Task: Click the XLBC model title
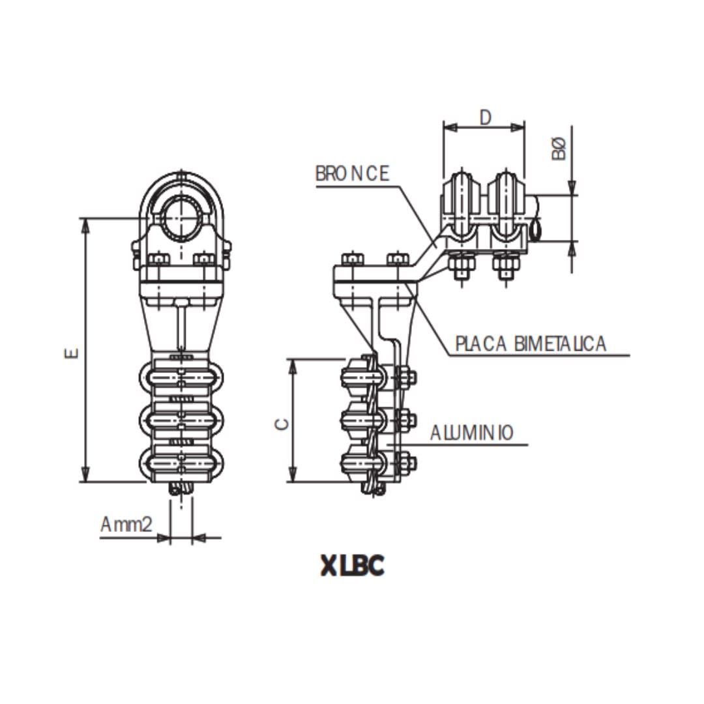tap(352, 565)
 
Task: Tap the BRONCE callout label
tap(352, 174)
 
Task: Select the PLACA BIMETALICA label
tap(531, 344)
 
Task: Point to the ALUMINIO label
tap(471, 432)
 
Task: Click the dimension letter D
tap(485, 117)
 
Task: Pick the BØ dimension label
tap(559, 149)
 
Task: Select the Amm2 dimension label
tap(126, 525)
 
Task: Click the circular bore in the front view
tap(182, 215)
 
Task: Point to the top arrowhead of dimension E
tap(84, 225)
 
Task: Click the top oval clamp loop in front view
tap(182, 379)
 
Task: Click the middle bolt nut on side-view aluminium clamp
tap(406, 420)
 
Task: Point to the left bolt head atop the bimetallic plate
tap(352, 259)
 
